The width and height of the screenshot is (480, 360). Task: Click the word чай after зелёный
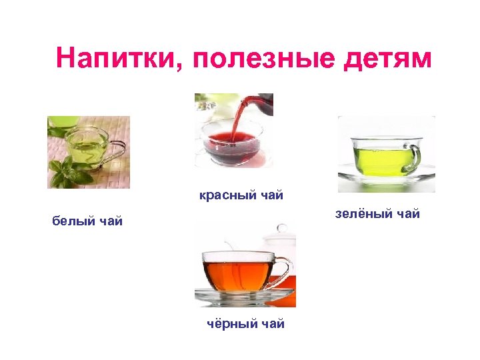[x=407, y=214]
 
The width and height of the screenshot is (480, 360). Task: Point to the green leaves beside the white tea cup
[x=69, y=175]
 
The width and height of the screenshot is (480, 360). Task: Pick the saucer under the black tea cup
[x=244, y=295]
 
